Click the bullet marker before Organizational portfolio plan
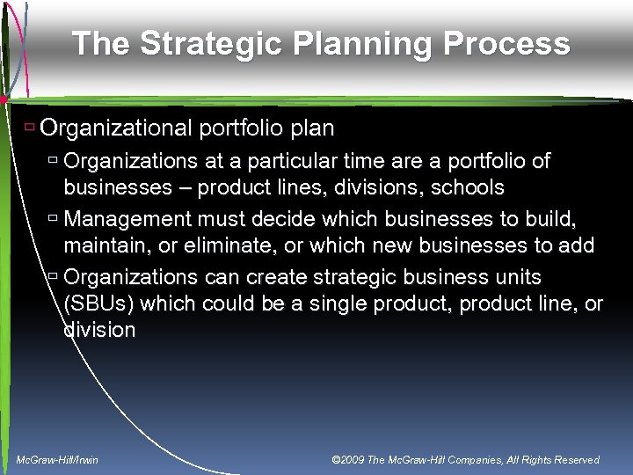(29, 128)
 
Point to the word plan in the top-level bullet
(311, 128)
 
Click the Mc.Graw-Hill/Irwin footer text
(58, 460)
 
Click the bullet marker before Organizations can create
(53, 277)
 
